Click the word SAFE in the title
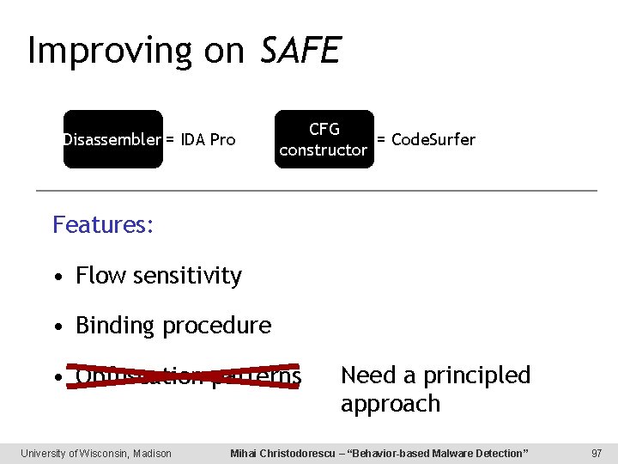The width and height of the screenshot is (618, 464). (300, 51)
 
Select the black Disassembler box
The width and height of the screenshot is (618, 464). (112, 139)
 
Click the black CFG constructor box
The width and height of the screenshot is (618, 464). (324, 139)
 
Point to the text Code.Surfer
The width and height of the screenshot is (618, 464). (433, 139)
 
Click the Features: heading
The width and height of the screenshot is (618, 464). (103, 225)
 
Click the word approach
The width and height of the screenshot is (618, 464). (390, 404)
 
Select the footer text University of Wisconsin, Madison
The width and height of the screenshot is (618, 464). (96, 453)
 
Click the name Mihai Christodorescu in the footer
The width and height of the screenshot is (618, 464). (284, 453)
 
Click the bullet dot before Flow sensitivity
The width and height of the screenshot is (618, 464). (57, 277)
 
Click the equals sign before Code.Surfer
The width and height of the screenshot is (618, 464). (381, 139)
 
